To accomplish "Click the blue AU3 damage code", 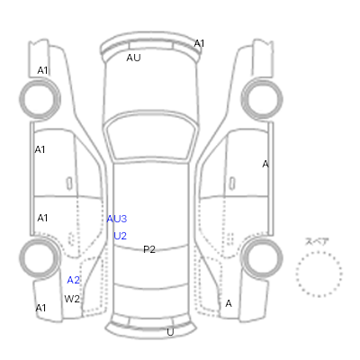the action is point(117,219).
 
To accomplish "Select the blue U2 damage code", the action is point(120,236).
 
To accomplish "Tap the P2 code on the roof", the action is point(149,249).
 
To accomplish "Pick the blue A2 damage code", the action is point(74,280).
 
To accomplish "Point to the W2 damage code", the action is point(72,299).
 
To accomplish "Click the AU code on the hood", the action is point(133,58).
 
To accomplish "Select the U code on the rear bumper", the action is point(170,332).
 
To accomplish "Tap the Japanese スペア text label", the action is point(317,242).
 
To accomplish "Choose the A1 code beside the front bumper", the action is point(199,44).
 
